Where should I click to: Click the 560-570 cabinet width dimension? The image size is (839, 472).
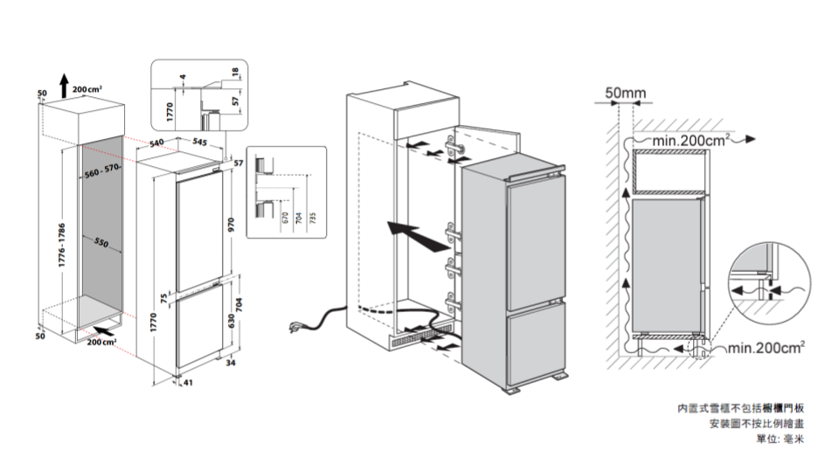click(102, 169)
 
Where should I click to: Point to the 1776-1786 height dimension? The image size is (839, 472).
click(61, 246)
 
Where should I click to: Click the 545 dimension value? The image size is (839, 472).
click(199, 141)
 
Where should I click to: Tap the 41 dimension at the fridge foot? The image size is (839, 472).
click(188, 382)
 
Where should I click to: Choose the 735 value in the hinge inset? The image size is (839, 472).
click(312, 216)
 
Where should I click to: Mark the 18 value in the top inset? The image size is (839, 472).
click(235, 72)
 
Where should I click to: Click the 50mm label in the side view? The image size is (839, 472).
click(625, 93)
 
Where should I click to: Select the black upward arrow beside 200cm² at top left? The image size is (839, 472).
click(63, 85)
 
